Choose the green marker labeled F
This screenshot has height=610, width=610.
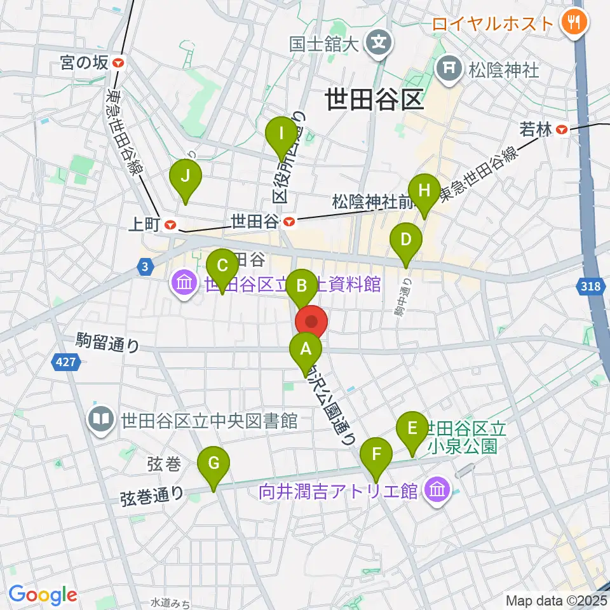coord(377,454)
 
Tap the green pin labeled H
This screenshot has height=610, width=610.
coord(424,190)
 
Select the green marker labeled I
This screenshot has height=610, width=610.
coord(281,133)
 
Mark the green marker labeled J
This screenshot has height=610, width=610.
coord(185,176)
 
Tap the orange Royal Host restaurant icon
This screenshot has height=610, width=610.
coord(574,23)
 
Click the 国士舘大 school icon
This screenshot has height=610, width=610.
coord(380,43)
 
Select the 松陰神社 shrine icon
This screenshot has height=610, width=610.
coord(450,69)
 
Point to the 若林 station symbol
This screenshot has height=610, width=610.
coord(562,130)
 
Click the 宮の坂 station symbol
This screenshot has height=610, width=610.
coord(119,62)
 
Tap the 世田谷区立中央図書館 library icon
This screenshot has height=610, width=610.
coord(101,419)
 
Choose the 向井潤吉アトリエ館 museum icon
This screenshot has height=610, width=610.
coord(437,490)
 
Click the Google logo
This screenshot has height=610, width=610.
coord(43,595)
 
